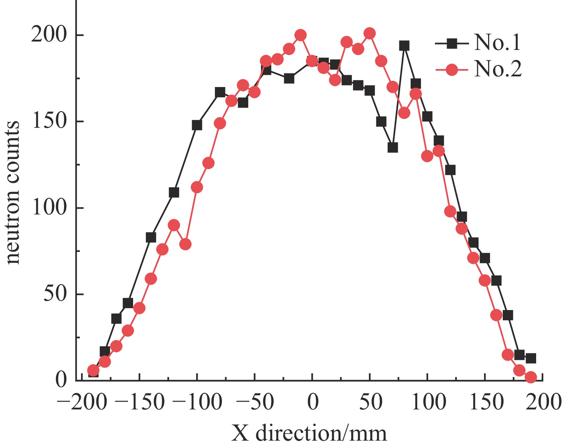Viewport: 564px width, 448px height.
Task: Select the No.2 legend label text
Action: (497, 69)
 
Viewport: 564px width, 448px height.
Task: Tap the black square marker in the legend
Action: (453, 44)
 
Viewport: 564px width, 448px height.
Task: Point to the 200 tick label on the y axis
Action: (49, 35)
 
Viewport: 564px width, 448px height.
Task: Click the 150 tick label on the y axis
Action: (49, 122)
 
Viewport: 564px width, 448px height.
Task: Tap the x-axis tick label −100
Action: (197, 402)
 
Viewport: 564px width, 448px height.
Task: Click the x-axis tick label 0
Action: (312, 402)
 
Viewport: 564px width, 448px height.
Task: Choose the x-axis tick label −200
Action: (82, 402)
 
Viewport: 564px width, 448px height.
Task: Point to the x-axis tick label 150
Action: (485, 402)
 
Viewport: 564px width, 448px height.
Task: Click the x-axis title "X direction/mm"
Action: (309, 433)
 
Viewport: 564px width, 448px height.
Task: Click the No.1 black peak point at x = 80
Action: (404, 46)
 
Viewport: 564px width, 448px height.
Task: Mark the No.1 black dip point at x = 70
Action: (393, 147)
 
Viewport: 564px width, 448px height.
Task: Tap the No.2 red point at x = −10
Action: (301, 35)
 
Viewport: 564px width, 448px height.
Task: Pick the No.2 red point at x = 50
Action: (370, 33)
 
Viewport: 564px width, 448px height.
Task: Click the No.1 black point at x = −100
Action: (197, 125)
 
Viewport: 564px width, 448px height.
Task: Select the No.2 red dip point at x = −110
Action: (186, 244)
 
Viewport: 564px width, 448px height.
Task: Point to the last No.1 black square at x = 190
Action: (531, 358)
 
